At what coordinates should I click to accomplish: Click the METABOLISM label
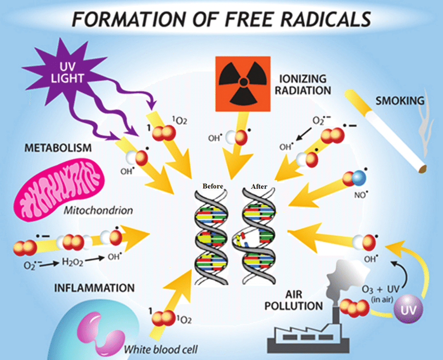[x=58, y=148]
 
